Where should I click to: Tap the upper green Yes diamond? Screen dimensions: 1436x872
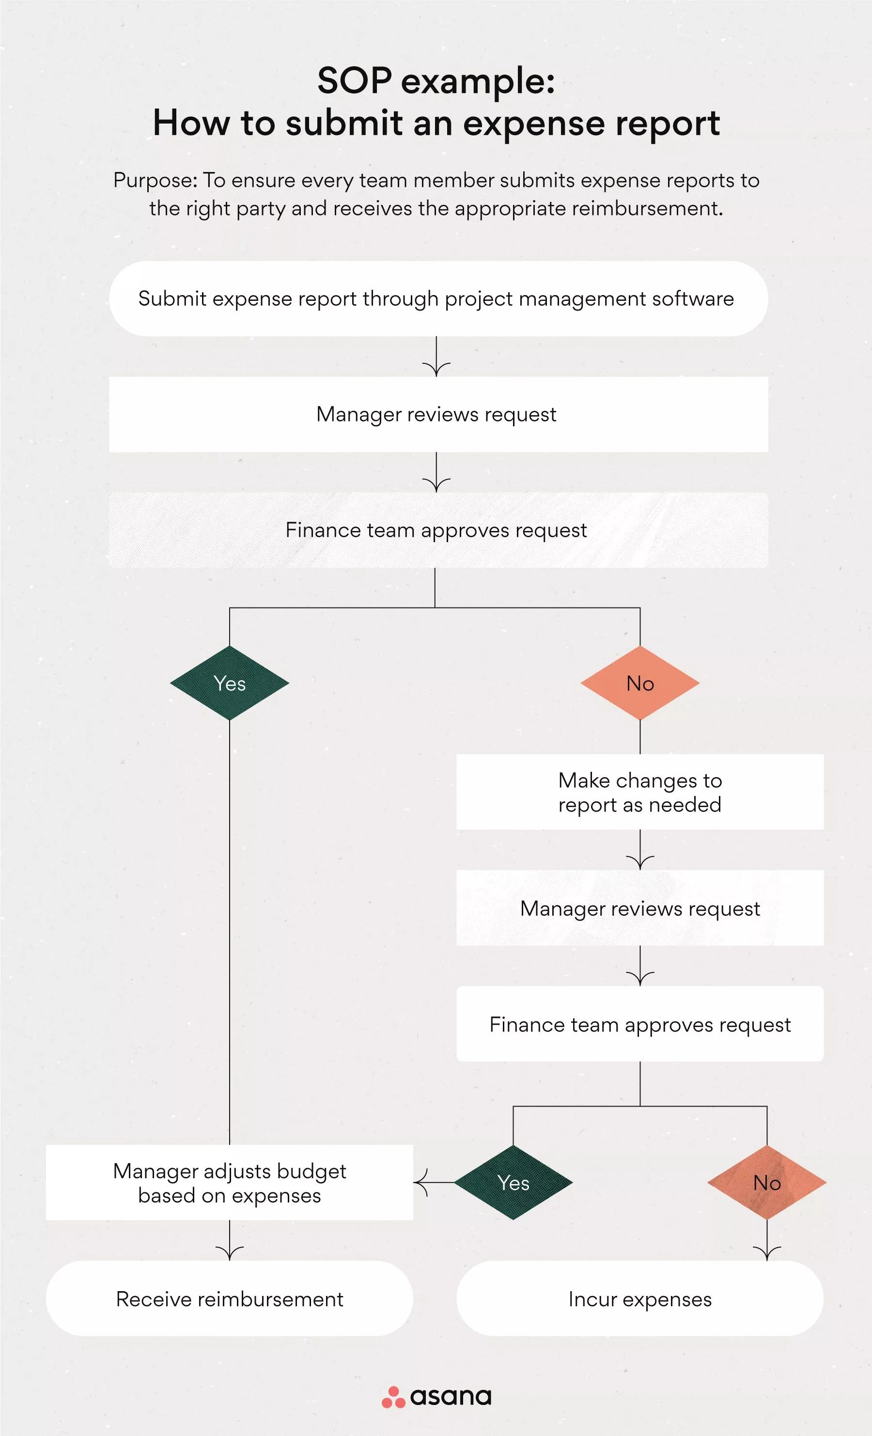pos(230,683)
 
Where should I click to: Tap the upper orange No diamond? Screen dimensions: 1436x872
pos(640,683)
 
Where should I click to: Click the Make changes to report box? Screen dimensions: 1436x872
pos(639,792)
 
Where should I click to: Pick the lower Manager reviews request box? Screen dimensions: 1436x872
pos(639,908)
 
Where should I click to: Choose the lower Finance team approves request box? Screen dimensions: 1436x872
pos(639,1024)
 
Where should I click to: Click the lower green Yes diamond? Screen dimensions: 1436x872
pos(514,1183)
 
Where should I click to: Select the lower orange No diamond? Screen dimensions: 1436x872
pos(766,1183)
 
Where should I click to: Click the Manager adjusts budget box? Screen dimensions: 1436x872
pos(230,1183)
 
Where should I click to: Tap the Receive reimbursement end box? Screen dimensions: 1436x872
pos(230,1298)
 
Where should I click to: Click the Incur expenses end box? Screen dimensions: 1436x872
pos(639,1298)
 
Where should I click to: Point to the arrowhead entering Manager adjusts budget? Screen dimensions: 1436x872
pos(420,1183)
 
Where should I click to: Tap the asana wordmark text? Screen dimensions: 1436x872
pos(451,1397)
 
